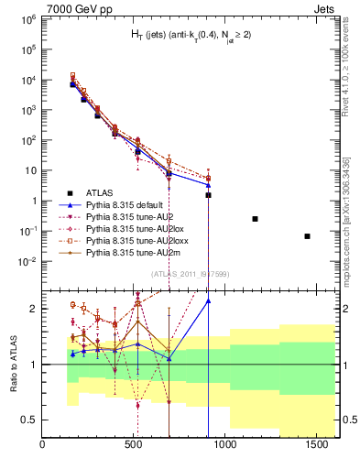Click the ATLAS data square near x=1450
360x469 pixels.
307,236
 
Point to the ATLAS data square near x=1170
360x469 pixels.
255,219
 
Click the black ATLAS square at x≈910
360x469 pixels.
209,195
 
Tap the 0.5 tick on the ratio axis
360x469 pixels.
29,420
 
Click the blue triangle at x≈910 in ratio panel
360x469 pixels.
209,300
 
